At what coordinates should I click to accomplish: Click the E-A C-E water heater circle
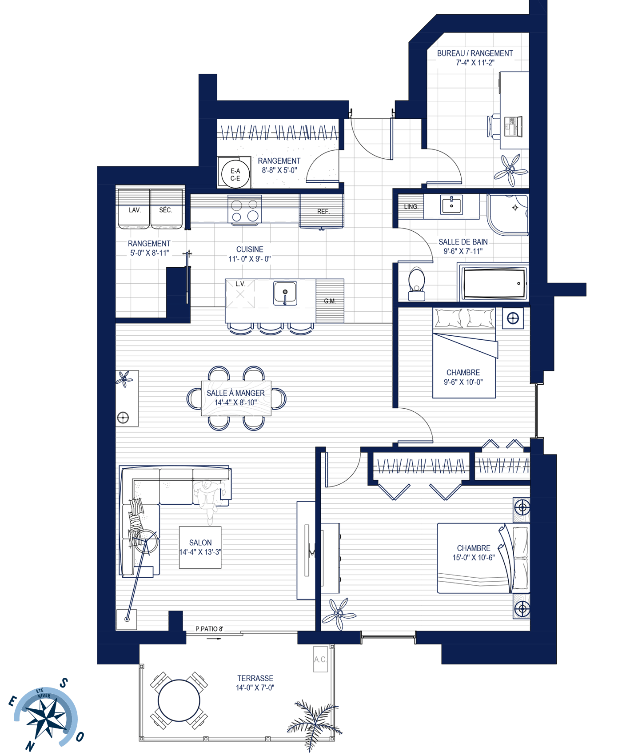point(235,174)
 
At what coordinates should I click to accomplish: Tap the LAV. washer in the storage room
point(134,209)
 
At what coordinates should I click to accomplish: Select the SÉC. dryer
point(167,209)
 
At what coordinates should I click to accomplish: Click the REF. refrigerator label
point(323,212)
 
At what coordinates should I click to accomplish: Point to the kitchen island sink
point(285,293)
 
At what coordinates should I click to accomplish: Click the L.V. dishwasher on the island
point(240,294)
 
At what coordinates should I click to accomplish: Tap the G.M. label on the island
point(330,301)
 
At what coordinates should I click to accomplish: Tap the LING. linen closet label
point(411,207)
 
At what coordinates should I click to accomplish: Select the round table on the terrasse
point(179,700)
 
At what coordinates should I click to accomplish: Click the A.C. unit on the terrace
point(320,659)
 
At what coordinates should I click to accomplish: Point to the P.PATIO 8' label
point(209,629)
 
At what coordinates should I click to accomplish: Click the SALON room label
point(200,543)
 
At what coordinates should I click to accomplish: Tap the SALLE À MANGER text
point(235,393)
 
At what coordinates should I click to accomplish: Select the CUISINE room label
point(250,249)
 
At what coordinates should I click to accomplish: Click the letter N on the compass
point(29,746)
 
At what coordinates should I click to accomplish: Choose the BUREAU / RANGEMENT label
point(475,53)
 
